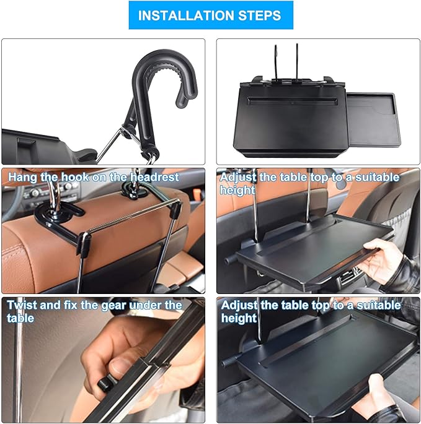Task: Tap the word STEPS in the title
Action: (260, 15)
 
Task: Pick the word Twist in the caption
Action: (23, 306)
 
